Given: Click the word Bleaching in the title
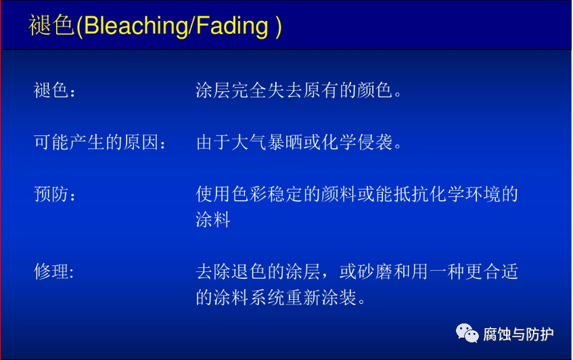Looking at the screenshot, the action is [136, 26].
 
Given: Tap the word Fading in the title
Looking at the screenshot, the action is [233, 26].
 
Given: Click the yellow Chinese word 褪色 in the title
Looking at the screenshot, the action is [51, 25].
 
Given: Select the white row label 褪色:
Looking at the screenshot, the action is [54, 90].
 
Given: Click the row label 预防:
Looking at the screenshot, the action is [54, 194].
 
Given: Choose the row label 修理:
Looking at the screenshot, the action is [53, 272].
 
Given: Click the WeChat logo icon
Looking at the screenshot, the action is [467, 334].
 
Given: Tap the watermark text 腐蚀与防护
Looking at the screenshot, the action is [518, 334].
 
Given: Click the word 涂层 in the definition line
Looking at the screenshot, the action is [213, 90].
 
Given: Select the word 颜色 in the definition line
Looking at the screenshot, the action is [375, 90].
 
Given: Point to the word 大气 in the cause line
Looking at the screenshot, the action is [249, 142].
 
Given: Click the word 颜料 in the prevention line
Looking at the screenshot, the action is [339, 194].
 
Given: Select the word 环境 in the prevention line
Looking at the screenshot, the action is [482, 194].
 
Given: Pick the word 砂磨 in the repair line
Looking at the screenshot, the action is [375, 272].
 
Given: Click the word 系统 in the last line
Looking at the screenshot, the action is [267, 298].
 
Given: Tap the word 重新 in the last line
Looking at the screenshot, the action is [303, 298].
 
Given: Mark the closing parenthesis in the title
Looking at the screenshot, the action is [279, 26].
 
